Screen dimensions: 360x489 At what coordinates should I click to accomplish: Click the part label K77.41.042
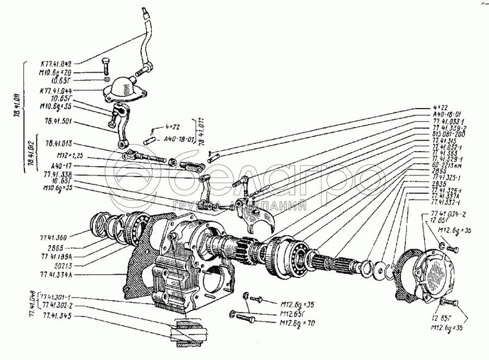pyautogui.click(x=64, y=63)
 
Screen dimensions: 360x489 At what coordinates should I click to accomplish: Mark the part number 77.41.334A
pyautogui.click(x=56, y=275)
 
